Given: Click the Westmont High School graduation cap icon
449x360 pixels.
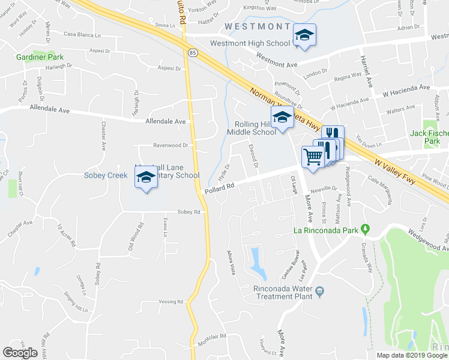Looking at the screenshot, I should (x=304, y=35).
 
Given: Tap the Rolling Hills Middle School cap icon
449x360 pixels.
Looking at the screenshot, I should (x=281, y=118).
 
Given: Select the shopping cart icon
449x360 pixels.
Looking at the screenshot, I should (x=313, y=157).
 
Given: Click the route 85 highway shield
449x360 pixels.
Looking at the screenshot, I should (x=191, y=53).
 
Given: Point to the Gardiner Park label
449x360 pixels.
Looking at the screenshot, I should (x=36, y=58).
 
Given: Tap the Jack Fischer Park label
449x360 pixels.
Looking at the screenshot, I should (x=429, y=137).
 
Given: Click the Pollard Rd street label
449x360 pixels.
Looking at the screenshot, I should (x=218, y=189).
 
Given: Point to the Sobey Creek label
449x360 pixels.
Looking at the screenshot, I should (x=106, y=176).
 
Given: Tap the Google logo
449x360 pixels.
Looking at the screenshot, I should (x=20, y=353).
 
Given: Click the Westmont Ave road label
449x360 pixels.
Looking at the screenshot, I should (x=276, y=60).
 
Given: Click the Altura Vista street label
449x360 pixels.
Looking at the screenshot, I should (x=230, y=262).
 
